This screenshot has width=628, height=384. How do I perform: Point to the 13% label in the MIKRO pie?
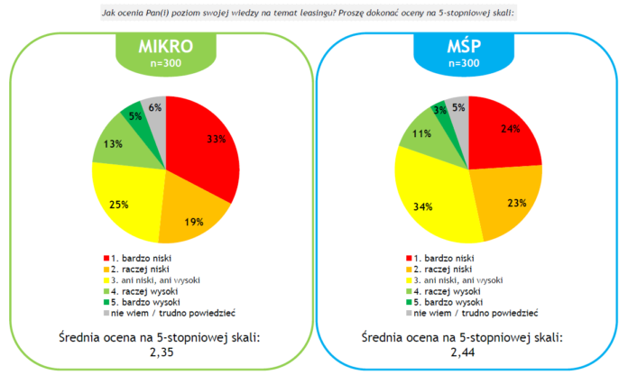tap(113, 144)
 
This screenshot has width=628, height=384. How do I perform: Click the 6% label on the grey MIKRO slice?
tap(155, 107)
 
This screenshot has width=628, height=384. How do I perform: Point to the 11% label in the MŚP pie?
tap(421, 133)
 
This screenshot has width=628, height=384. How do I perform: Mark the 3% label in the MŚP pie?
tap(440, 110)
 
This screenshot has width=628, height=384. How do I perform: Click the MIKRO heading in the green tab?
tap(166, 46)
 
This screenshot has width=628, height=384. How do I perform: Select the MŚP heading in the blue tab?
tap(464, 46)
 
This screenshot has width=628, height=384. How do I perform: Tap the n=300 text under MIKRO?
tap(166, 63)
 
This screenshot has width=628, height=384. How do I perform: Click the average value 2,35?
tap(162, 352)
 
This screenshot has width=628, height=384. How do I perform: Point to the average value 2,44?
tap(463, 352)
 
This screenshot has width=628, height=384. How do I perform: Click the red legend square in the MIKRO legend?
tap(106, 258)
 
